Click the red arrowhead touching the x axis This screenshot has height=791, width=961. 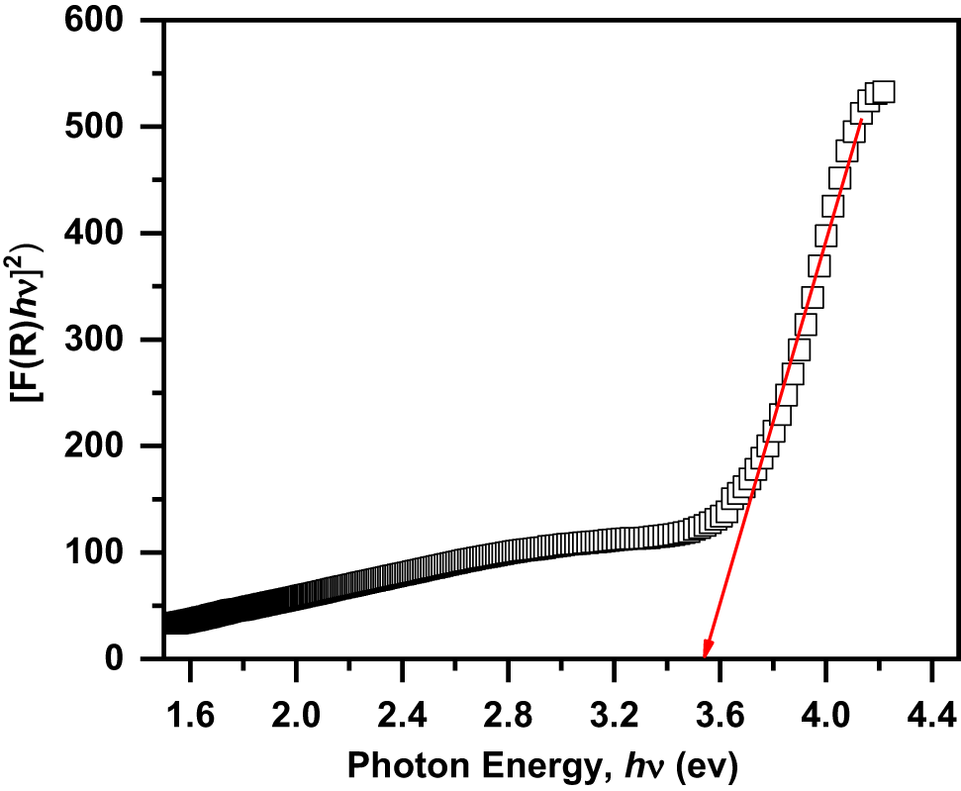(706, 648)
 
